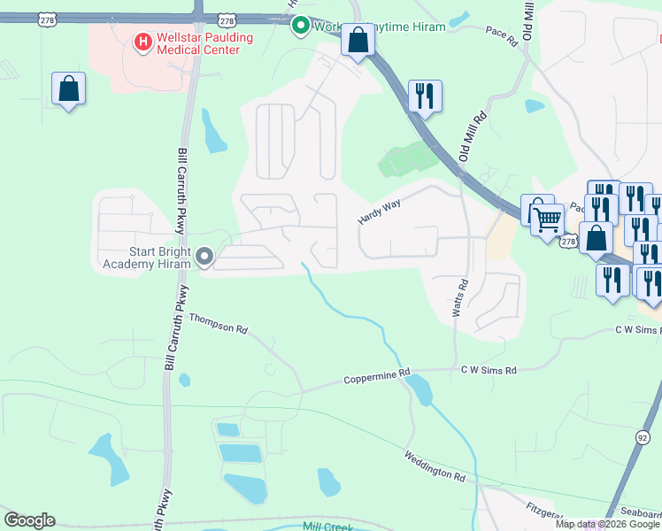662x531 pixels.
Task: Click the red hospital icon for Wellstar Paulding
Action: (140, 41)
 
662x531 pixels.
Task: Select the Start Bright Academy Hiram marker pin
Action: (205, 258)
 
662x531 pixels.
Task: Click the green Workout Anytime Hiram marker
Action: (300, 26)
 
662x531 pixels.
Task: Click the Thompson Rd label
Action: (218, 324)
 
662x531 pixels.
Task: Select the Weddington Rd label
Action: (435, 466)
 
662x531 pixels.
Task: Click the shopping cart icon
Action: (549, 218)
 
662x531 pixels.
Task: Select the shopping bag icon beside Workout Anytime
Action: (358, 41)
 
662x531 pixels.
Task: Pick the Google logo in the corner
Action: (29, 520)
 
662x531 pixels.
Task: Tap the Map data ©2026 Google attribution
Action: (608, 524)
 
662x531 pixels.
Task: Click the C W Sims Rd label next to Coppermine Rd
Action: (488, 370)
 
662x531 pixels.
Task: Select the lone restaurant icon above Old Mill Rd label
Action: (425, 95)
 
